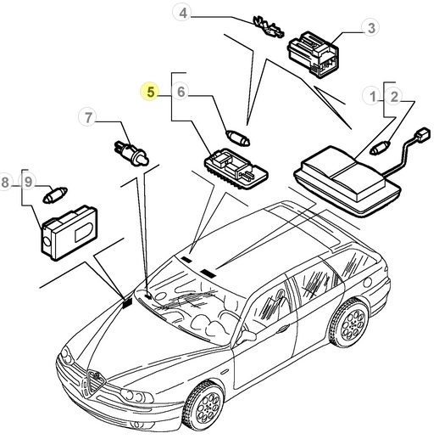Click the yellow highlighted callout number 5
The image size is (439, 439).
(x=150, y=92)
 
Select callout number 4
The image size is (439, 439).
(x=183, y=13)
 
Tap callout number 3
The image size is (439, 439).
(x=371, y=28)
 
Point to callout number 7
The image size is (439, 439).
(x=88, y=117)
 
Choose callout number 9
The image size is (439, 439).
(x=28, y=181)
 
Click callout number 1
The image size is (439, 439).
(x=373, y=96)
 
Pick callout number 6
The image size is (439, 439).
(x=181, y=92)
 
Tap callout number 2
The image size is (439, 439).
(x=394, y=97)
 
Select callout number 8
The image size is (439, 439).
(x=6, y=182)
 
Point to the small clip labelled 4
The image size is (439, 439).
(x=268, y=27)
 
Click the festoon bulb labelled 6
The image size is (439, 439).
(x=238, y=138)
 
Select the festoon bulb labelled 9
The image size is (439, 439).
(x=55, y=195)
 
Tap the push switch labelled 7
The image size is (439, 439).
(x=131, y=153)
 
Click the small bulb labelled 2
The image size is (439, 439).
(x=380, y=148)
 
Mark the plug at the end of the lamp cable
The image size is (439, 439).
(x=422, y=134)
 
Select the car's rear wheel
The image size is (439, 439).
(x=349, y=323)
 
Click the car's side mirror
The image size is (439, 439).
(x=247, y=336)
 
